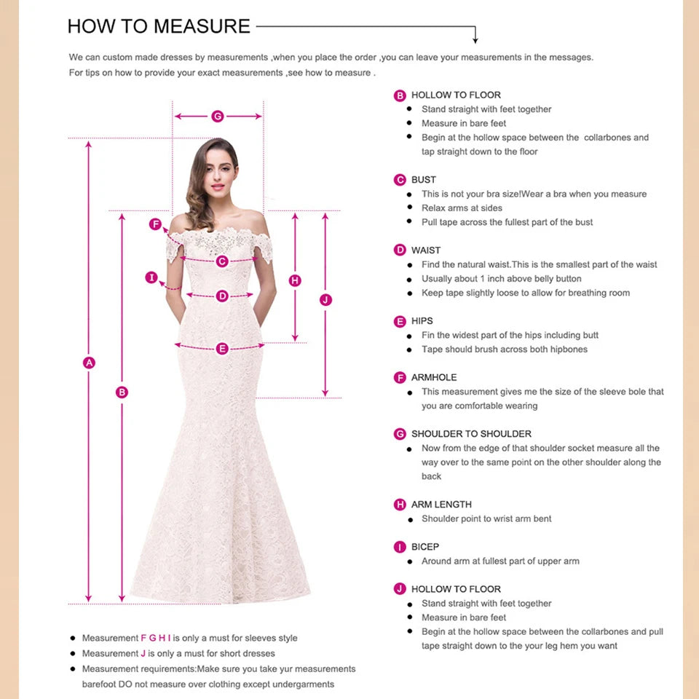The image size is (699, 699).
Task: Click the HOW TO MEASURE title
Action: [159, 27]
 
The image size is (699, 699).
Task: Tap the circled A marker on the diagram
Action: [90, 363]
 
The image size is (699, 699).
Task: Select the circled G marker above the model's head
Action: [217, 116]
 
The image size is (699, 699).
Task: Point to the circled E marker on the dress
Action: [222, 349]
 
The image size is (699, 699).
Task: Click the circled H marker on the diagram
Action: [295, 280]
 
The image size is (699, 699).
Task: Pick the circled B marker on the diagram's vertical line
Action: [122, 392]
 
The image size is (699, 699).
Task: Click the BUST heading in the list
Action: [423, 180]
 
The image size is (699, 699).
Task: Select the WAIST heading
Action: [426, 250]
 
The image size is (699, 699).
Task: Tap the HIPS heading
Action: [422, 321]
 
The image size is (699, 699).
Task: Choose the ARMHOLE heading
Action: [434, 377]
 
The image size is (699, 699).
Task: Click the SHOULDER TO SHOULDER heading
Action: [471, 434]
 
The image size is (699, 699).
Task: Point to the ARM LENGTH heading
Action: [441, 505]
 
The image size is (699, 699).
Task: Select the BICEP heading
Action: [425, 547]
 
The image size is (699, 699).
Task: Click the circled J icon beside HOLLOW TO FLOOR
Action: [400, 589]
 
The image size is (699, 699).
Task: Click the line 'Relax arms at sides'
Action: [462, 208]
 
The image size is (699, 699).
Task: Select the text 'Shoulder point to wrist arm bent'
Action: [486, 519]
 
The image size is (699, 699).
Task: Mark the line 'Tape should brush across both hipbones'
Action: [504, 349]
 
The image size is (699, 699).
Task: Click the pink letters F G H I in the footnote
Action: [155, 638]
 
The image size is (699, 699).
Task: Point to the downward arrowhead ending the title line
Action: [475, 39]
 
